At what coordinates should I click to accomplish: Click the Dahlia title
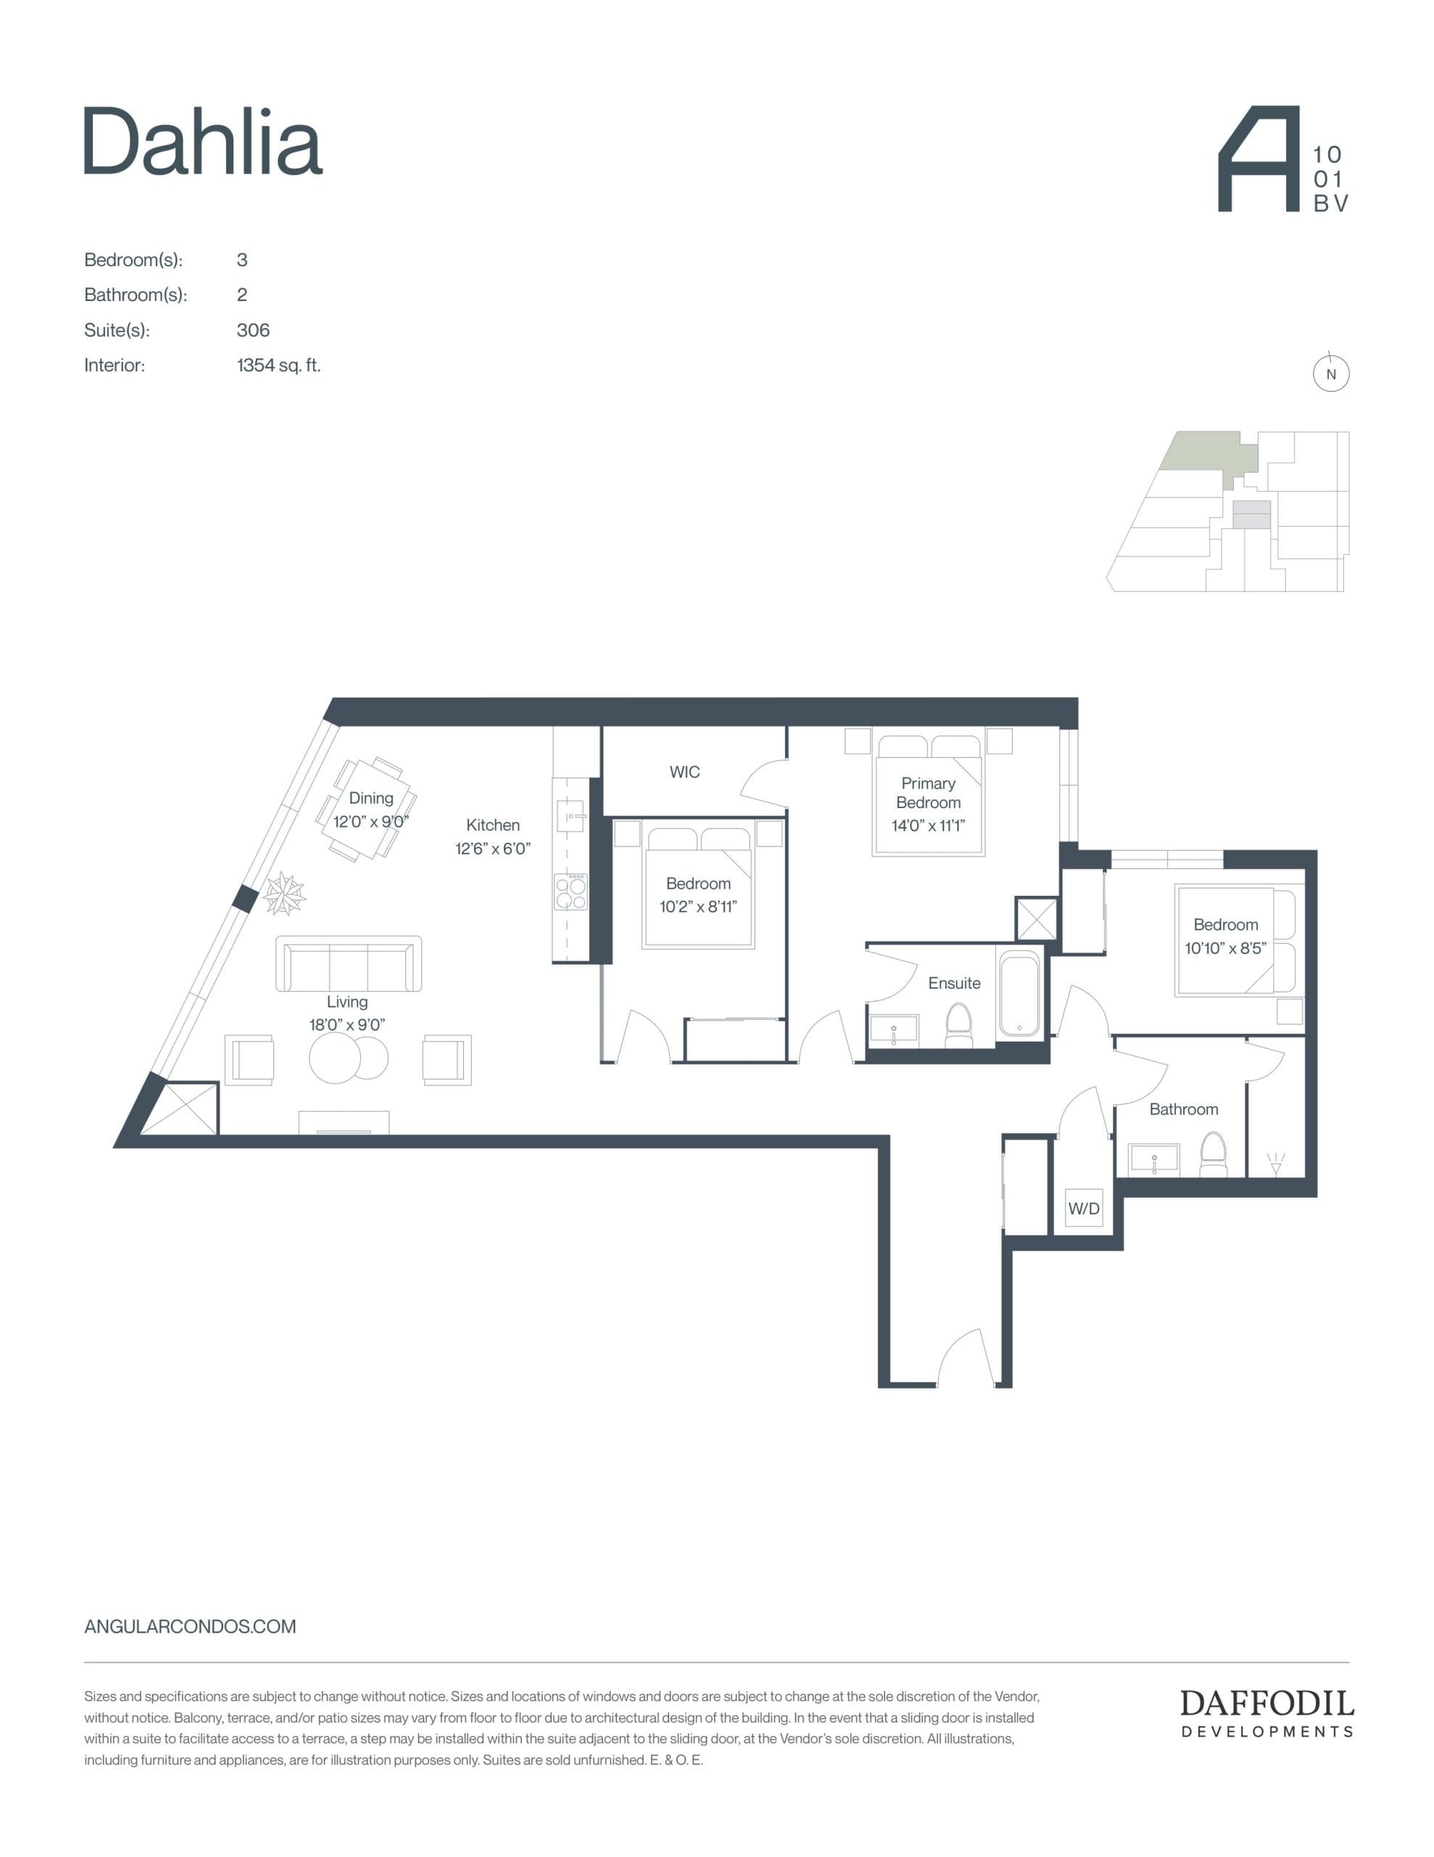[203, 142]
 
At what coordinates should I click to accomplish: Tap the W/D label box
[1084, 1209]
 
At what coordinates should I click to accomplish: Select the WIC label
[684, 772]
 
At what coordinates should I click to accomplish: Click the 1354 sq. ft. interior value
[278, 366]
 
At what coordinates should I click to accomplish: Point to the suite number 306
[252, 330]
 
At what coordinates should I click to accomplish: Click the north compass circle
[1331, 374]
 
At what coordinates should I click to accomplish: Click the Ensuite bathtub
[1019, 993]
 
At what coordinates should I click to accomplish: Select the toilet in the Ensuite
[959, 1026]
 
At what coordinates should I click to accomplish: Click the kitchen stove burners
[571, 892]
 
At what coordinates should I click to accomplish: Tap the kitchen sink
[570, 816]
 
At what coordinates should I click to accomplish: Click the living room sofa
[349, 964]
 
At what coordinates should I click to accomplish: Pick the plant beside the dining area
[284, 894]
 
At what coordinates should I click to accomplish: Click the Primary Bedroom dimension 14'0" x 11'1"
[928, 825]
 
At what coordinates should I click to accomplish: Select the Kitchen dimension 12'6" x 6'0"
[492, 848]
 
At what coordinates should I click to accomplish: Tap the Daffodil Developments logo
[1267, 1713]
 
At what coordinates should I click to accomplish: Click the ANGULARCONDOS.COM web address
[191, 1626]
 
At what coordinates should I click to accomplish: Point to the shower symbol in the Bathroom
[1276, 1162]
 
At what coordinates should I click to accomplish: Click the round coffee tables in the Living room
[348, 1058]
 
